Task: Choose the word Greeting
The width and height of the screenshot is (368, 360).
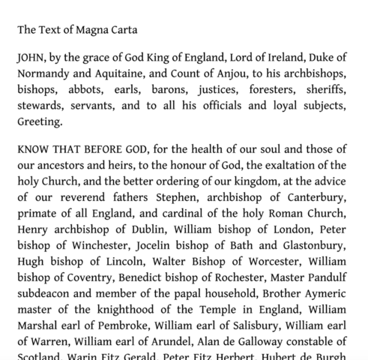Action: [40, 121]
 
